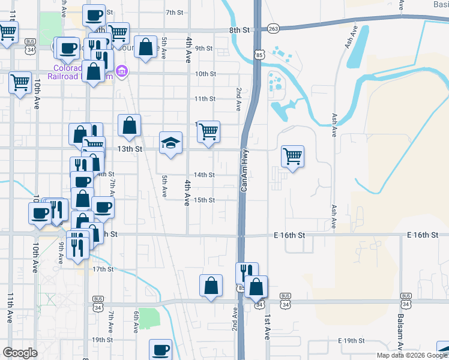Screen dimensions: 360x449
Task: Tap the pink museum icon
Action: pos(122,72)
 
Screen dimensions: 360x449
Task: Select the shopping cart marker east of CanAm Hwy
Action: pos(292,157)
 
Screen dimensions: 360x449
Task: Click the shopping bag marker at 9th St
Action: pos(146,47)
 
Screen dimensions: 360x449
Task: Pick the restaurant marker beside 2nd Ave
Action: pos(246,274)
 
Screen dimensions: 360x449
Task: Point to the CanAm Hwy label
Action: pos(244,171)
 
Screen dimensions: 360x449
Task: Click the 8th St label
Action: pos(238,29)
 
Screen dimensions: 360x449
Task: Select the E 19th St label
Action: pos(351,341)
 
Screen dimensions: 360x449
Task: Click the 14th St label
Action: pos(204,175)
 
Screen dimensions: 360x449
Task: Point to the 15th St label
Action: pos(204,200)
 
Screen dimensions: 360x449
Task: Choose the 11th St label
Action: pos(204,98)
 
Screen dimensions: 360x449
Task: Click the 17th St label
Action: pos(103,269)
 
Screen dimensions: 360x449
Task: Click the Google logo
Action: pos(20,353)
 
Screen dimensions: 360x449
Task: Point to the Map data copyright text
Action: pos(412,355)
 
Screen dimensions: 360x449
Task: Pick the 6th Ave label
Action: pos(136,322)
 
